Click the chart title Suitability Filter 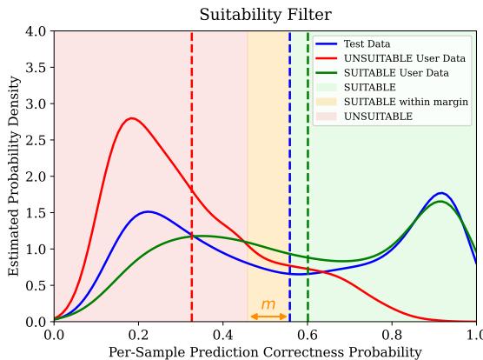265,15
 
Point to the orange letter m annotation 268,304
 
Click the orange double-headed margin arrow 268,317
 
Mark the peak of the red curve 131,118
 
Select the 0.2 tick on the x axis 138,333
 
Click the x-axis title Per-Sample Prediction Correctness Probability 265,351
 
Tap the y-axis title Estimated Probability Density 13,177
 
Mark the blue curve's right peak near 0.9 442,193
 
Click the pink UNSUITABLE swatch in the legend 328,117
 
